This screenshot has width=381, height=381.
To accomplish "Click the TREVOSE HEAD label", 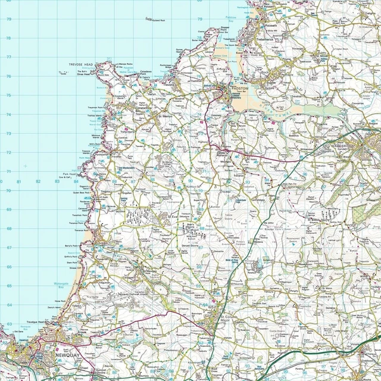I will pyautogui.click(x=80, y=64).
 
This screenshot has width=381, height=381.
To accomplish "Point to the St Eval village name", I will pyautogui.click(x=173, y=217).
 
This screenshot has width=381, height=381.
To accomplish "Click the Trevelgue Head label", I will pyautogui.click(x=36, y=321).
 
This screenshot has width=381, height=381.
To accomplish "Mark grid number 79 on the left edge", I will pyautogui.click(x=8, y=19).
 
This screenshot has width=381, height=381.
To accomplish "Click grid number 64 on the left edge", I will pyautogui.click(x=8, y=305).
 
